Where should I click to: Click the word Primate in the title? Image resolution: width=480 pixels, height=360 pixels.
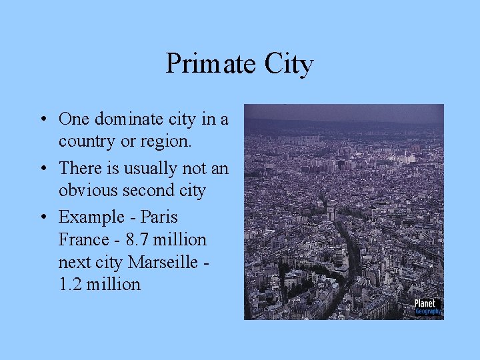pyautogui.click(x=211, y=64)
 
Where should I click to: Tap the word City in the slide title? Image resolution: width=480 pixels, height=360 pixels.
pyautogui.click(x=289, y=65)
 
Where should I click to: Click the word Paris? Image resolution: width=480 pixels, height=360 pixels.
pyautogui.click(x=159, y=217)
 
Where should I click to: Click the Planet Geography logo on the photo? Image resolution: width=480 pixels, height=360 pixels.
pyautogui.click(x=427, y=306)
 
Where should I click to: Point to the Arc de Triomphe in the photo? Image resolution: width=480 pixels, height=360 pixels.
pyautogui.click(x=332, y=213)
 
